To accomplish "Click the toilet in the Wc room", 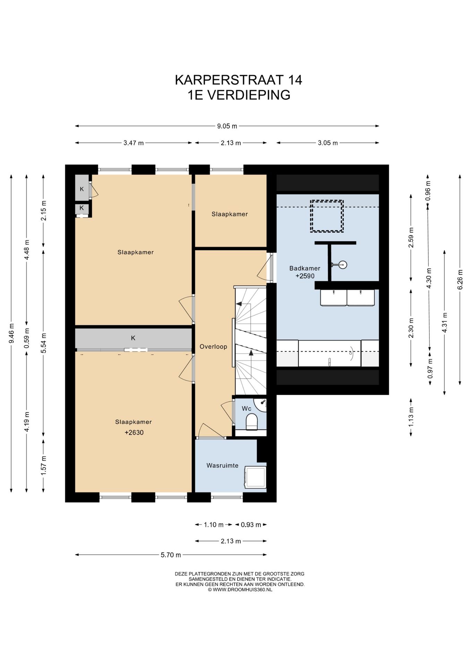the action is pos(252,421).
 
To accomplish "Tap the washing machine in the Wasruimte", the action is pos(255,477).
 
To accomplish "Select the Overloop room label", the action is pos(213,347).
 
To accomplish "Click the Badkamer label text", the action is pos(305,268).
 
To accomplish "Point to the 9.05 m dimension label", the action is pos(227,126).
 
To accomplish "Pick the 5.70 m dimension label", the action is pos(171,555).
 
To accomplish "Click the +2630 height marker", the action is pos(134,433).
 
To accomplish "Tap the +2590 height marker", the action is pos(305,276).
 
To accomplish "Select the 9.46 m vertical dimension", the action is pos(12,333).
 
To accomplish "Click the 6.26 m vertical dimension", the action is pos(460,280).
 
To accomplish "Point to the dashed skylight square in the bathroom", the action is pos(327,216).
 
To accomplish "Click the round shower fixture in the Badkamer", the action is pos(343,265).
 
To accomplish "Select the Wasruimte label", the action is pos(222,466).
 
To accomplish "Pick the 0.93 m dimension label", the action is pos(251,525).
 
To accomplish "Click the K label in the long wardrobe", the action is pos(133,338).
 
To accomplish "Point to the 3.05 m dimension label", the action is pos(328,143).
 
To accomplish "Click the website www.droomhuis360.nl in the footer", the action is pos(240,589).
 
